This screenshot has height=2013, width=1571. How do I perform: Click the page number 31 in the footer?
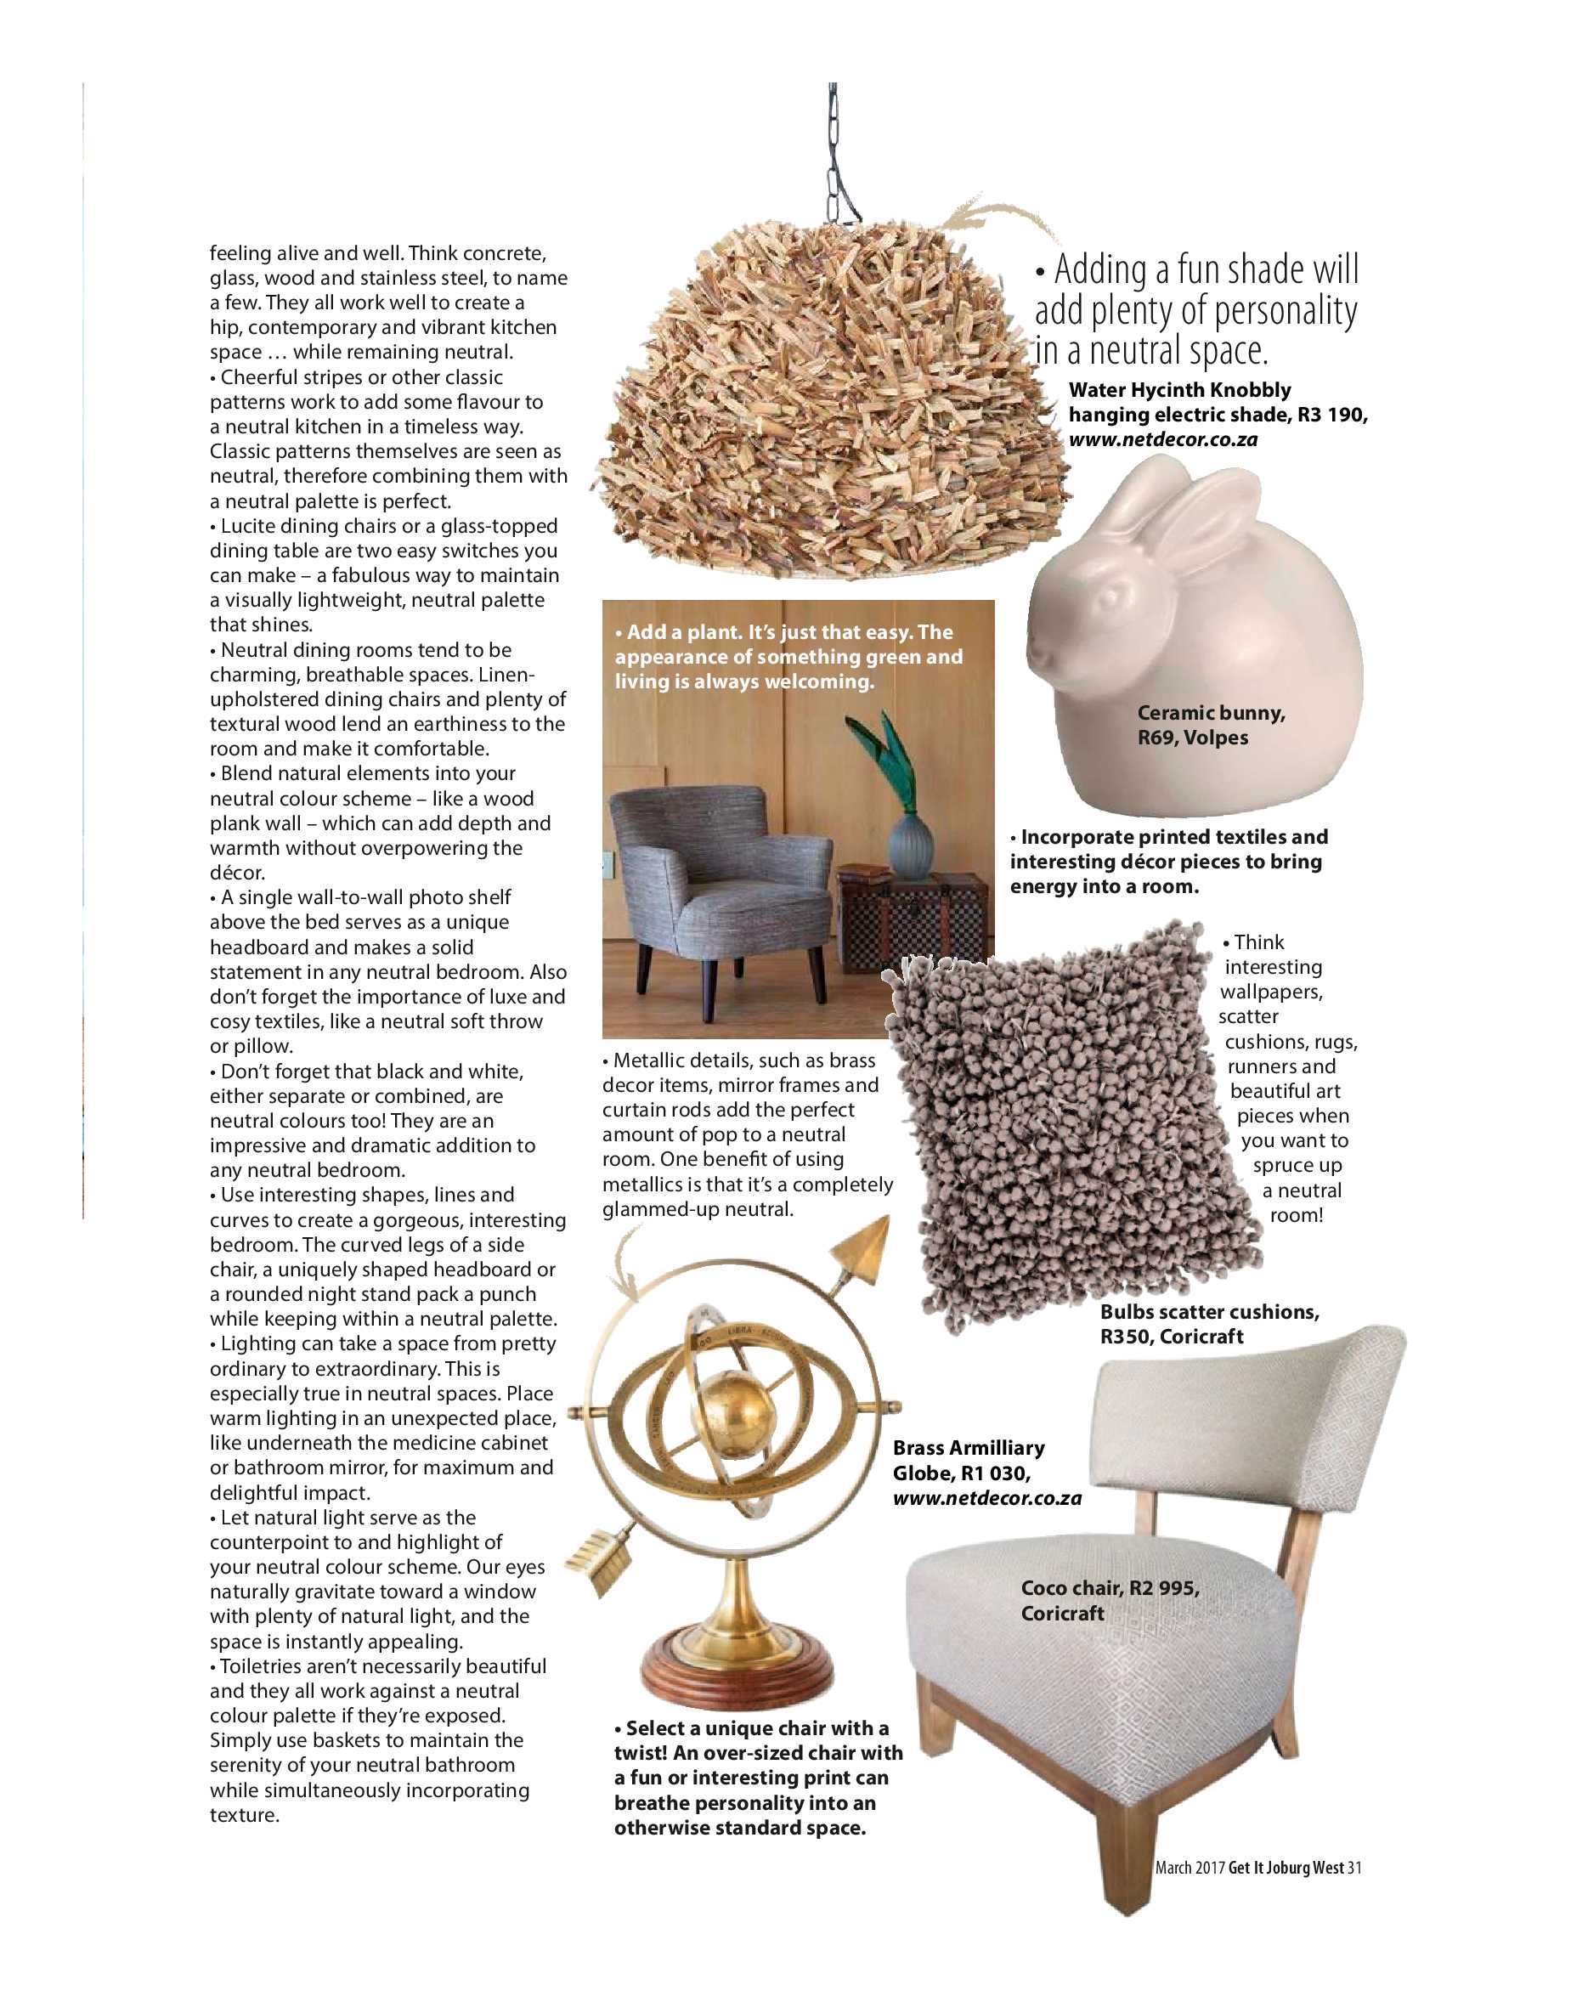click(1353, 1868)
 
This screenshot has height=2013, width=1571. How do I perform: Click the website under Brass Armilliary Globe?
click(986, 1498)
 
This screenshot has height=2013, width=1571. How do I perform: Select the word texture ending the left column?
click(243, 1815)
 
